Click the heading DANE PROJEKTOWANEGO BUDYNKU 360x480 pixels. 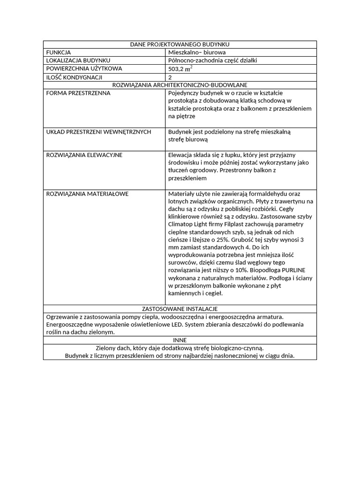coord(180,44)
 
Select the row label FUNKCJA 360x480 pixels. coord(59,52)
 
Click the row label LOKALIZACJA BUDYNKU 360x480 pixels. coord(78,60)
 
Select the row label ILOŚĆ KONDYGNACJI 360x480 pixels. coord(74,77)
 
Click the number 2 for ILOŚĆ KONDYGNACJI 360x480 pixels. coord(170,77)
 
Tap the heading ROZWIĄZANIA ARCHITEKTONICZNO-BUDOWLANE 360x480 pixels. coord(180,85)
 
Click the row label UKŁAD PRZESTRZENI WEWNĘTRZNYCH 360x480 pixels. coord(98,132)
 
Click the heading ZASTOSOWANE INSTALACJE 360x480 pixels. coord(180,309)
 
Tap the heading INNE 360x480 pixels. coord(180,340)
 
